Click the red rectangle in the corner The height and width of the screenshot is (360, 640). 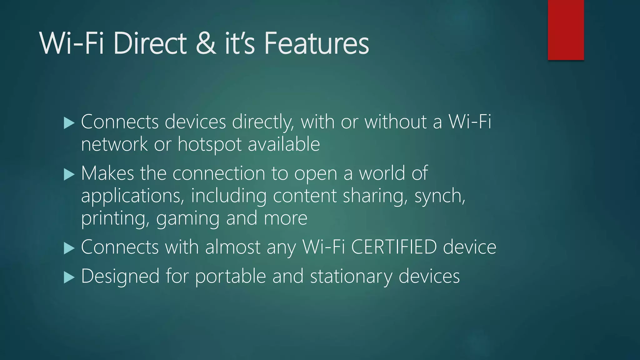566,30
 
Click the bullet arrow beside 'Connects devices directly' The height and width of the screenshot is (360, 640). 69,123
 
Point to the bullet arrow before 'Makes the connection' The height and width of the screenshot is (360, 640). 69,174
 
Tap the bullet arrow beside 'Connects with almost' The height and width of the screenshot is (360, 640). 69,248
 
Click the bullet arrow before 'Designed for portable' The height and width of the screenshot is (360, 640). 69,277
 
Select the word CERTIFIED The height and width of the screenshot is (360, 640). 394,247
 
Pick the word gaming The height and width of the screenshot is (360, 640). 188,218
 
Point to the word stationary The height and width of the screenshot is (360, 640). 351,277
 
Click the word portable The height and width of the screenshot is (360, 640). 230,277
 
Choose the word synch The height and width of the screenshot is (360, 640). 440,196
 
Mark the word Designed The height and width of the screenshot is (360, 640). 120,277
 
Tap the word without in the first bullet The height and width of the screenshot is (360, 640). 396,122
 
